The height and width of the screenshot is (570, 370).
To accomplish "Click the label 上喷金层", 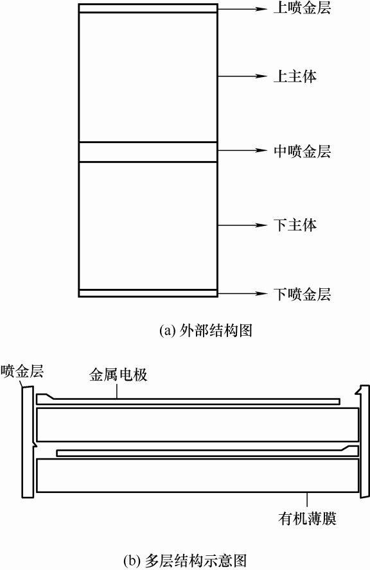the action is click(x=302, y=8).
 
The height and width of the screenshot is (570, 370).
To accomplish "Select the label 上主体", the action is click(x=295, y=76).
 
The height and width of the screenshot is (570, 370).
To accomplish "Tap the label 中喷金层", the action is click(x=302, y=151).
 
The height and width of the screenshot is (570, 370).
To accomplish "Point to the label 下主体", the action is click(x=295, y=225).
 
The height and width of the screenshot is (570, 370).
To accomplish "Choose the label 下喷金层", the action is click(x=302, y=294).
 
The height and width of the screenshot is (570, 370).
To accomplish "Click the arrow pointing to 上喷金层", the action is click(x=242, y=8).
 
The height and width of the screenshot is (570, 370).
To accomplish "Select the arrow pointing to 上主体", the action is click(x=242, y=76).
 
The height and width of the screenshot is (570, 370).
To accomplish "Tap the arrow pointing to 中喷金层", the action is click(x=242, y=150).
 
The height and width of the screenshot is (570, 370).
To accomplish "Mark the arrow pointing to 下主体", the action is click(x=242, y=225).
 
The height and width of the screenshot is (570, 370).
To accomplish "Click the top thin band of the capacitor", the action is click(x=148, y=8).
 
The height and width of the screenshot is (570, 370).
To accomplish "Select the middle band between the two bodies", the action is click(x=148, y=152).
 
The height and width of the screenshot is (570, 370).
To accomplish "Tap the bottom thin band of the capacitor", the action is click(x=148, y=293).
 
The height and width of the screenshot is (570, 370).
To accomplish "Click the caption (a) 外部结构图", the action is click(x=206, y=331).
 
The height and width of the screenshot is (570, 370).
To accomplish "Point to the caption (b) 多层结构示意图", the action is click(x=185, y=560).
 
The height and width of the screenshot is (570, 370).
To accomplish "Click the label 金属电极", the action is click(x=118, y=375).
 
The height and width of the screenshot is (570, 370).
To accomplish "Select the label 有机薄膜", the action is click(x=308, y=518).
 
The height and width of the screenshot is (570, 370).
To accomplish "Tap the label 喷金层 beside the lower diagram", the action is click(x=22, y=372).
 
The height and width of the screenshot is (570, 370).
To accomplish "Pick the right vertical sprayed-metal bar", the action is click(x=364, y=442).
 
